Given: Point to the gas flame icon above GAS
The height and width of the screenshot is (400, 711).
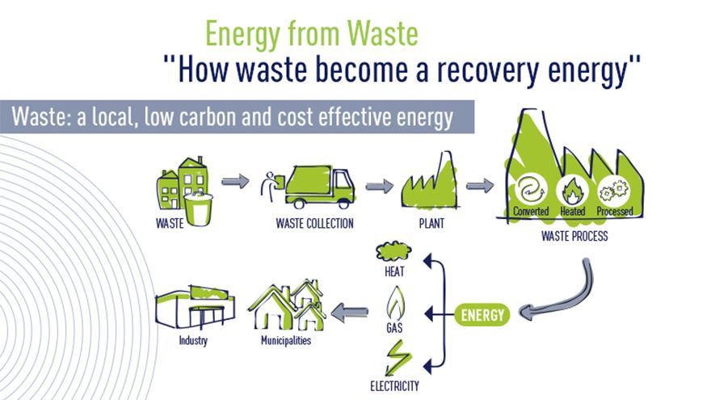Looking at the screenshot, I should point(395,305).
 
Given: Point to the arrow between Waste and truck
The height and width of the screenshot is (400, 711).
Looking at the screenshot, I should point(235,182).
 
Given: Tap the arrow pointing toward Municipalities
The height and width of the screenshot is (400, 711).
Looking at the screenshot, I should point(350,309).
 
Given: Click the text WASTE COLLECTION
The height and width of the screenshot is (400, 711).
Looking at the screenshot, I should point(314,223).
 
